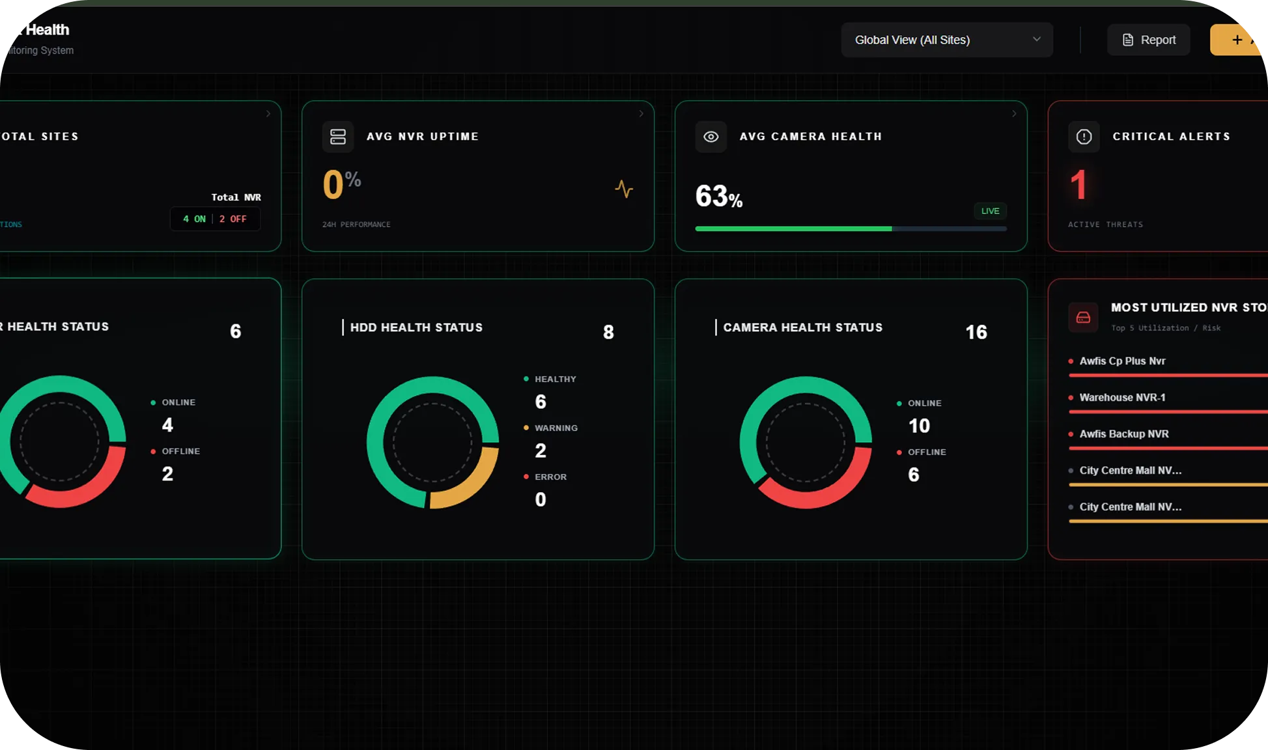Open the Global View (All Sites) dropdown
point(946,40)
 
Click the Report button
point(1149,40)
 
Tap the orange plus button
point(1236,40)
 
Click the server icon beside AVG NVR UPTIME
point(338,137)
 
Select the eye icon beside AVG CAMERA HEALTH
point(711,137)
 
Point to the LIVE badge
point(990,211)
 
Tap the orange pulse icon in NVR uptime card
point(624,189)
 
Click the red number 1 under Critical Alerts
point(1078,185)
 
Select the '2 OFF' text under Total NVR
point(233,219)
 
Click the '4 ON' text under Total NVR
point(194,219)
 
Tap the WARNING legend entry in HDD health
point(556,428)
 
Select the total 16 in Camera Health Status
point(976,332)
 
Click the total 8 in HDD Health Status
point(608,332)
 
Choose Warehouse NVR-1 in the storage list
point(1122,397)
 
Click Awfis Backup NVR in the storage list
point(1123,434)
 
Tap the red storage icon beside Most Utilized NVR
point(1083,317)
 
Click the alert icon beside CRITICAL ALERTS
point(1084,137)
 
